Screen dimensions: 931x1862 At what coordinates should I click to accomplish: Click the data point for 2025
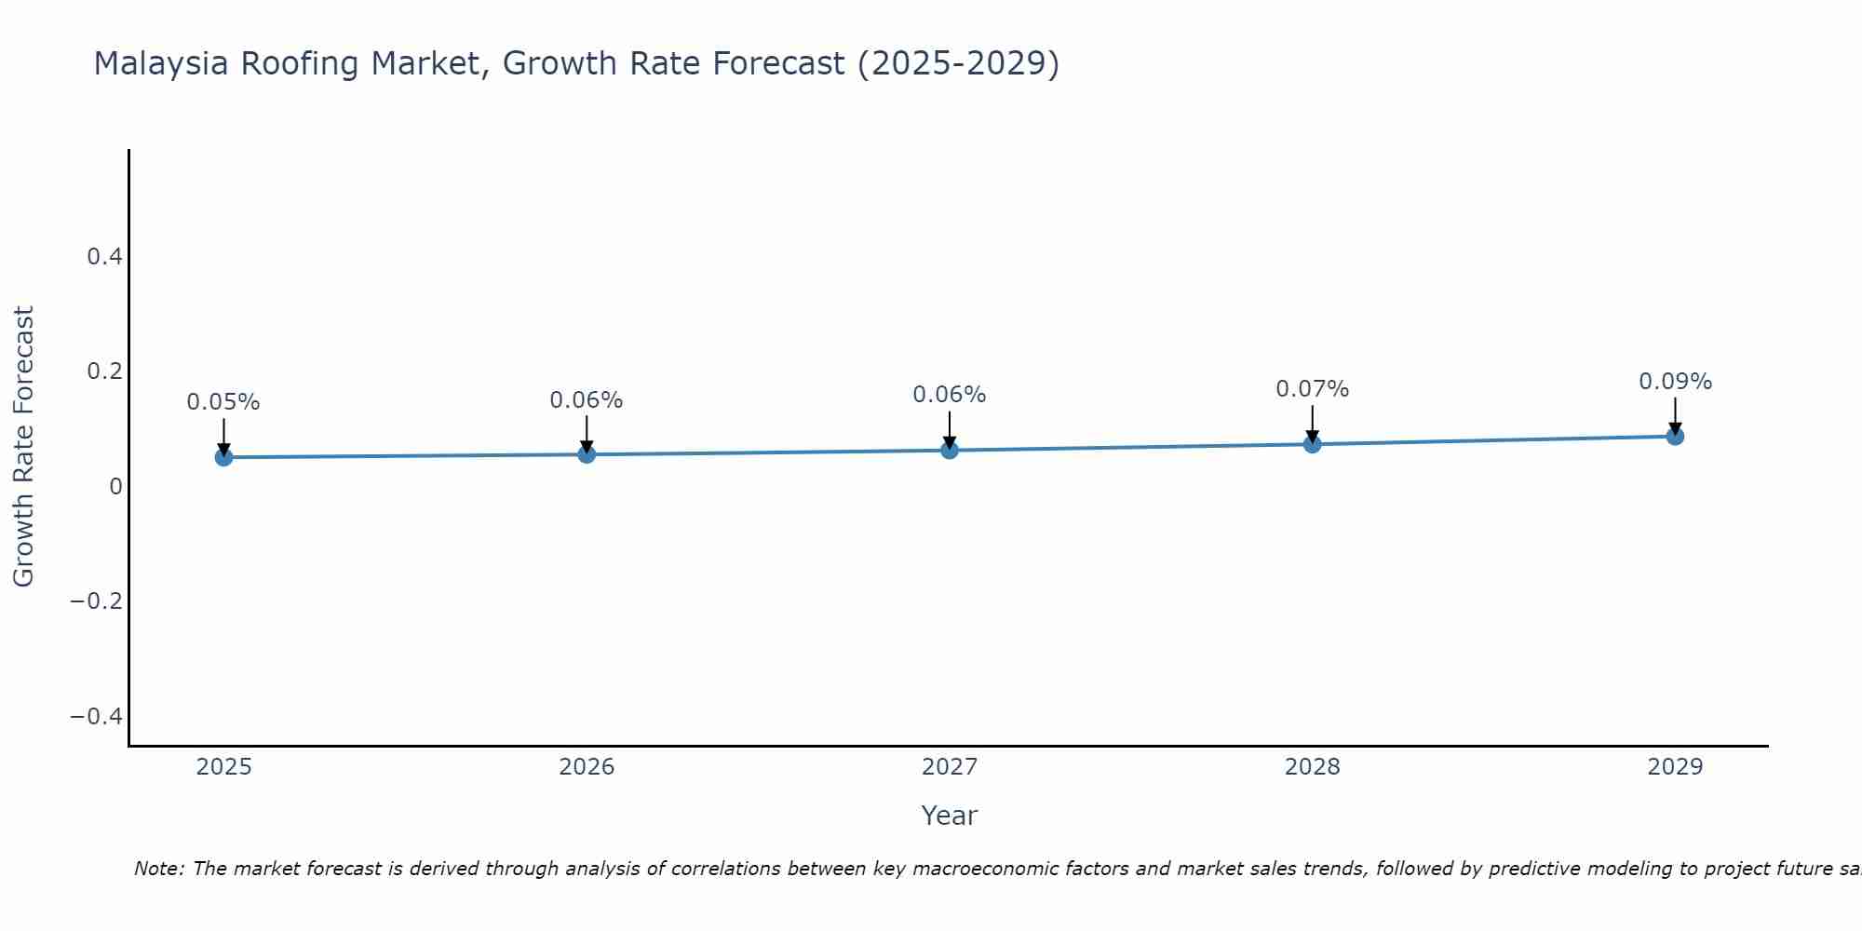coord(223,457)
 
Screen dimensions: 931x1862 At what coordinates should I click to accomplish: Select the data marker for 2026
coord(587,454)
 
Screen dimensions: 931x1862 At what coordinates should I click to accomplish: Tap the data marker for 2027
coord(950,451)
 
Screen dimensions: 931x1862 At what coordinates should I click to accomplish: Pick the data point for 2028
coord(1313,444)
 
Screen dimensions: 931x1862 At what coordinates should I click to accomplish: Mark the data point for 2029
coord(1675,436)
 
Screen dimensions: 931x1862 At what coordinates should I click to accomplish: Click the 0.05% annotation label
coord(223,402)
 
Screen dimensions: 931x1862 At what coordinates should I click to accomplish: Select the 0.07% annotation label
coord(1312,389)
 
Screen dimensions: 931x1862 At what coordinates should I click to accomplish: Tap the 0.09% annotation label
coord(1675,382)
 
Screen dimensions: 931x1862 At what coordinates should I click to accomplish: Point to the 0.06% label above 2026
coord(587,400)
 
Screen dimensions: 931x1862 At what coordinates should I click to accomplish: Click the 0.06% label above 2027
coord(949,395)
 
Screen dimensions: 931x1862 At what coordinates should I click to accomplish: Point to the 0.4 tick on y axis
coord(105,257)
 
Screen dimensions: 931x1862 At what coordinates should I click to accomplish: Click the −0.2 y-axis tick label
coord(97,601)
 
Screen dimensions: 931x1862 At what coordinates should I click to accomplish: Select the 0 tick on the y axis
coord(116,487)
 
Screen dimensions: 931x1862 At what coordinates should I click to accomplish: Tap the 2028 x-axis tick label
coord(1312,767)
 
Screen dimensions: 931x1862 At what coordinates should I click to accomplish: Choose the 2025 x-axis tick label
coord(224,767)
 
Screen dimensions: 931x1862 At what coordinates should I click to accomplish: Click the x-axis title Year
coord(949,816)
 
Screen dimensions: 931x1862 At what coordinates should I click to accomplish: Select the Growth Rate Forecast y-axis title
coord(23,447)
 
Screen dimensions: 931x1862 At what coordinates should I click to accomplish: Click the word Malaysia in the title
coord(161,64)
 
